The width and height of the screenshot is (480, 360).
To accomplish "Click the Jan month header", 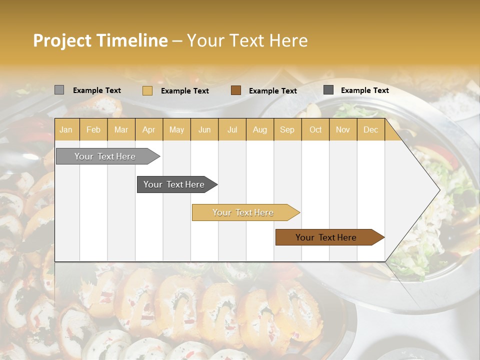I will [66, 129].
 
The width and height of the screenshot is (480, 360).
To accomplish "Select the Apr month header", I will [148, 129].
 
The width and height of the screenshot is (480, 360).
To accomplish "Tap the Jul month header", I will [232, 129].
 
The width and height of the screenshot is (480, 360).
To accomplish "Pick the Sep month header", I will [287, 129].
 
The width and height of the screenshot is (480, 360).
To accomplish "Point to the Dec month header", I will [370, 129].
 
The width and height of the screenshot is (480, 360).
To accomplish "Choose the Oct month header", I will [315, 129].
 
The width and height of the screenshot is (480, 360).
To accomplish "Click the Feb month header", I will [93, 129].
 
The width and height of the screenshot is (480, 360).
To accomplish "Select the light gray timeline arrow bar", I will [105, 156].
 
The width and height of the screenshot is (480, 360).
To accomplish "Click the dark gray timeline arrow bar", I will [174, 184].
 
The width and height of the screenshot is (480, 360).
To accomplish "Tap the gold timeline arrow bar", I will [243, 212].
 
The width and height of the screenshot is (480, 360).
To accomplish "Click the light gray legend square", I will [59, 90].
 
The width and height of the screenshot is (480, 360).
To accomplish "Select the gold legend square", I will [147, 90].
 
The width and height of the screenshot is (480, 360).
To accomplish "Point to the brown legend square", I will [236, 90].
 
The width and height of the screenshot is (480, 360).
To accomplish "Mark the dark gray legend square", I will [328, 90].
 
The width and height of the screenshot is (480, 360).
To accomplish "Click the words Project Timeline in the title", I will [100, 40].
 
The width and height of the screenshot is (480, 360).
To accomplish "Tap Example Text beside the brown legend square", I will [272, 91].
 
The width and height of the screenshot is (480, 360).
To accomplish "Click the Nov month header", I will [343, 129].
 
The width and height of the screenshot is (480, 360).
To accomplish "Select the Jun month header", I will [204, 129].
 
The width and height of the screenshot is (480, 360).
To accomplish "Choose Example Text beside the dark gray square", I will [364, 90].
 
